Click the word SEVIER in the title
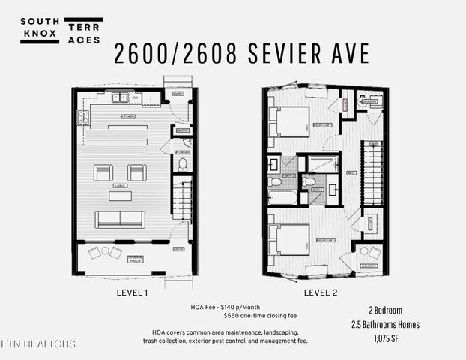point(287,53)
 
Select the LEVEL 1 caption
point(135,292)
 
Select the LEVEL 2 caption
point(324,292)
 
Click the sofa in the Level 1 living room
point(120,219)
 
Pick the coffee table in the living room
point(120,196)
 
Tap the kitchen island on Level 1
point(127,128)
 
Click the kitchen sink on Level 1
point(119,97)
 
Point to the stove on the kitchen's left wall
point(82,117)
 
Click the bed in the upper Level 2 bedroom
point(288,121)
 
